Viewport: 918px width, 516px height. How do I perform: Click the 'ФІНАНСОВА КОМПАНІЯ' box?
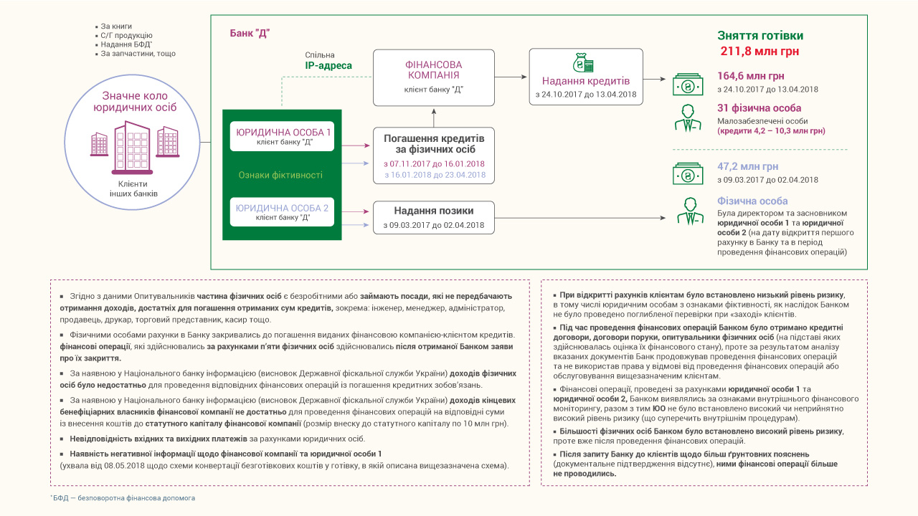point(434,75)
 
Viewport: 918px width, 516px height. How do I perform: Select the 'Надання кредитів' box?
point(586,77)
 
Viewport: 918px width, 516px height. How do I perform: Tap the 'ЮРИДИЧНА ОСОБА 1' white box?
point(284,136)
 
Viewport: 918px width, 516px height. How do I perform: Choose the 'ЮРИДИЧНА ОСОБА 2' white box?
point(284,211)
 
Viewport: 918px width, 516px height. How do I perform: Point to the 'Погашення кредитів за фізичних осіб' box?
point(434,156)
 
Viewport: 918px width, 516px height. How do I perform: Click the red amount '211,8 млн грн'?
point(760,52)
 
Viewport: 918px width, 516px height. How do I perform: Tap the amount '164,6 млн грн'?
point(751,76)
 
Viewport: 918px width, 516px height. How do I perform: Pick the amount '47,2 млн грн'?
point(747,166)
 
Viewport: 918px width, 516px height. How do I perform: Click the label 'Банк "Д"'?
point(250,33)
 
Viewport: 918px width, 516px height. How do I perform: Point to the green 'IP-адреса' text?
point(328,66)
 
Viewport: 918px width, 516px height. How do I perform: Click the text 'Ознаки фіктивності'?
point(280,175)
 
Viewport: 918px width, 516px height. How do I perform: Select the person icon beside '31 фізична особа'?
point(688,118)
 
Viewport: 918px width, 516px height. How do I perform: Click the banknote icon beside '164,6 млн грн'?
point(688,84)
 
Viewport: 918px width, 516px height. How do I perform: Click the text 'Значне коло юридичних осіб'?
point(135,101)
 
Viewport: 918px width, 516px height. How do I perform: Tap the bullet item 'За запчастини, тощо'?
point(138,54)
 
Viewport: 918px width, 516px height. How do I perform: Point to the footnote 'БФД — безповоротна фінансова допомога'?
point(124,497)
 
